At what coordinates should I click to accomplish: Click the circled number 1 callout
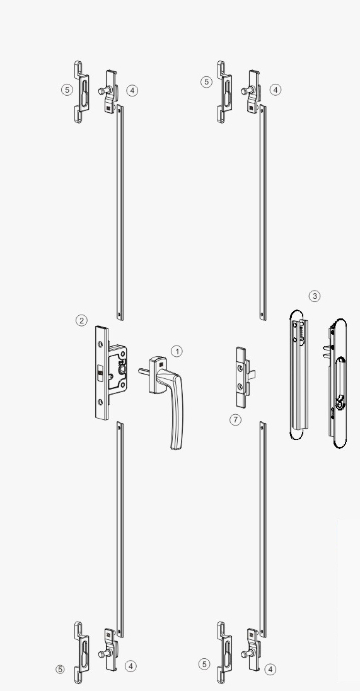pos(177,351)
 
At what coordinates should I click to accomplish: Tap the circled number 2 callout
pos(81,320)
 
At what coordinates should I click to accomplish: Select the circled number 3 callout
pos(314,296)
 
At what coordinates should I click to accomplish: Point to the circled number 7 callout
pos(235,419)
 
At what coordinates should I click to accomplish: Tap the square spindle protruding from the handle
pos(144,371)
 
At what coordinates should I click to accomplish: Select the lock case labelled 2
pos(110,373)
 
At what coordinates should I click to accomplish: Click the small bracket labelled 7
pos(244,377)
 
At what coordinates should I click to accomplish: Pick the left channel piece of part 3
pos(299,375)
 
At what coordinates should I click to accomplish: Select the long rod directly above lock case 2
pos(120,212)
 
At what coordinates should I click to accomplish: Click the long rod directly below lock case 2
pos(120,529)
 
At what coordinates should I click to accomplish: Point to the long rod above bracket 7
pos(263,212)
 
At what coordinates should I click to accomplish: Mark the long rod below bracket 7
pos(263,529)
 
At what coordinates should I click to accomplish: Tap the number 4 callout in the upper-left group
pos(132,91)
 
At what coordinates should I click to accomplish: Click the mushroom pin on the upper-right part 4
pos(245,91)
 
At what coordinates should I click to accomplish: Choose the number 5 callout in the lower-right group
pos(204,664)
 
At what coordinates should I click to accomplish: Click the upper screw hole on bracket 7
pos(240,367)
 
